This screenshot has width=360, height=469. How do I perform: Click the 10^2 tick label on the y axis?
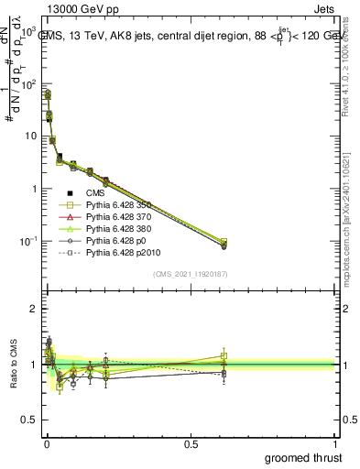(28, 83)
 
